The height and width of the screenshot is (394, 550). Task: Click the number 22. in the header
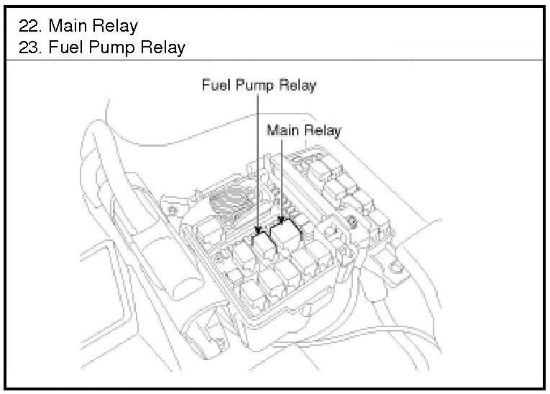(32, 27)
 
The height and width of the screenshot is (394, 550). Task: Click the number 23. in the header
(32, 47)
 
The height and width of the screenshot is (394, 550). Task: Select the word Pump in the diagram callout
(251, 86)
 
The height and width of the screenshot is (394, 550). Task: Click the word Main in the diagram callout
(281, 130)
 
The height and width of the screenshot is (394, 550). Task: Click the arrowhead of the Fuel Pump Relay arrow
(257, 229)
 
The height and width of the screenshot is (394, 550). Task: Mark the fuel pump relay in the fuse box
(263, 244)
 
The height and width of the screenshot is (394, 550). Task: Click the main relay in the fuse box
(288, 234)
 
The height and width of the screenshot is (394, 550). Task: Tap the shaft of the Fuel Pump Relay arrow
(257, 158)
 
